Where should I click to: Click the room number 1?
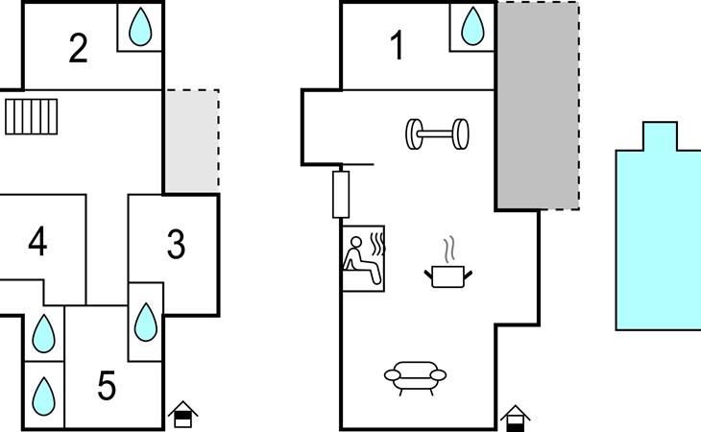point(397,45)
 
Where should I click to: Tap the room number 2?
point(78,48)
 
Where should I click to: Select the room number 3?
point(176,244)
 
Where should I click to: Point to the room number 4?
point(37,241)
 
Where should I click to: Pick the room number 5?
point(107,386)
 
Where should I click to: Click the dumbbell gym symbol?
point(437,134)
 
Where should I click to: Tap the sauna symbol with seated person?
point(364,258)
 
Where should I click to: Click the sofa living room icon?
point(416,378)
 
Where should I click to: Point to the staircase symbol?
point(32,116)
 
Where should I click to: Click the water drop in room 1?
point(472,26)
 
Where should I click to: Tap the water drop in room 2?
point(140,27)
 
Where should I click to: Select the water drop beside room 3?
point(146,323)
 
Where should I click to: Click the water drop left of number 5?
point(44,396)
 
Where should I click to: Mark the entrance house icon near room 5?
point(182,415)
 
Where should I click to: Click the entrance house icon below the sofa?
point(516,419)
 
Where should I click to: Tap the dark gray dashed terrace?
point(539,106)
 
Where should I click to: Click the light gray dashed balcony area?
point(192,141)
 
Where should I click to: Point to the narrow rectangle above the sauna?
point(341,195)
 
